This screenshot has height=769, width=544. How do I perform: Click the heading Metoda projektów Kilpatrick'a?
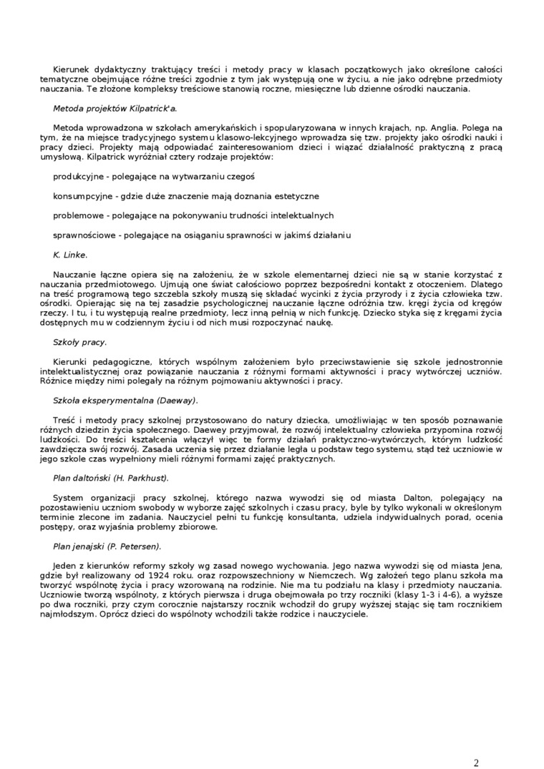click(115, 109)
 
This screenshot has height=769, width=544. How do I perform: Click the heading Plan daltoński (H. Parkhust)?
click(111, 476)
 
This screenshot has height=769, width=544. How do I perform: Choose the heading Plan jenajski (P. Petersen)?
click(107, 546)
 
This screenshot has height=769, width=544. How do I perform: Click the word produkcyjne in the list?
click(77, 176)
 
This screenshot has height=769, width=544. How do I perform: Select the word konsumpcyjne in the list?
click(81, 195)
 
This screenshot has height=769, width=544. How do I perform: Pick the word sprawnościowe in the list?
click(83, 235)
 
